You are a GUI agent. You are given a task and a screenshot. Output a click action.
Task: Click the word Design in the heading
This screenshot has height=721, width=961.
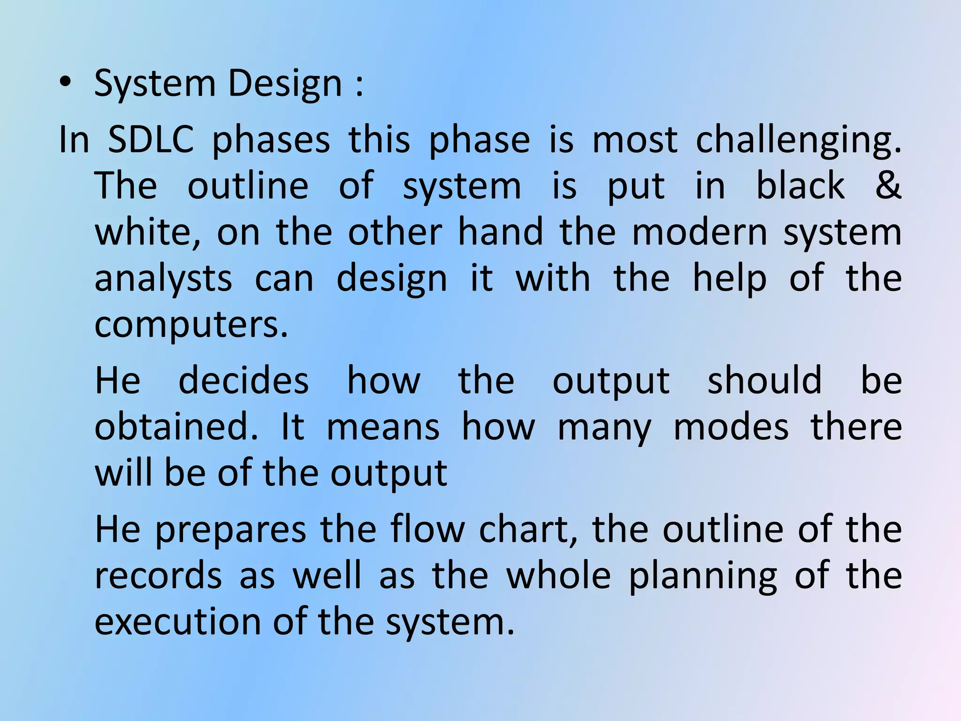click(x=285, y=84)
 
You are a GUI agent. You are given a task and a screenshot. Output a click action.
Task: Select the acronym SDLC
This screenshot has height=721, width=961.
click(x=151, y=140)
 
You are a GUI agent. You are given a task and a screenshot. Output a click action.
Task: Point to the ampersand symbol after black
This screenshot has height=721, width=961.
click(x=887, y=185)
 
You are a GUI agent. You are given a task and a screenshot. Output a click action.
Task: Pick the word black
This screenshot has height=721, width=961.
click(x=801, y=185)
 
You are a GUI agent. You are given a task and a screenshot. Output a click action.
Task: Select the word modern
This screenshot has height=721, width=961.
click(x=700, y=232)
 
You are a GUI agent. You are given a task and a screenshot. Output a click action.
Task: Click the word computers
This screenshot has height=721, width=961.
click(x=191, y=325)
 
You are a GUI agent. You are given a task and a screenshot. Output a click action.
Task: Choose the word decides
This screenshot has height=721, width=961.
click(x=244, y=380)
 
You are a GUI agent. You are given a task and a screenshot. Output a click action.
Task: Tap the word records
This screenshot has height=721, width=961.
click(x=158, y=575)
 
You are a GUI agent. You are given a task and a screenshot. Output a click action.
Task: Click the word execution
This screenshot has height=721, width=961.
click(x=177, y=621)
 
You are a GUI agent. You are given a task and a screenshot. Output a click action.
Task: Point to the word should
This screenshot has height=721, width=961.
click(x=764, y=380)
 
